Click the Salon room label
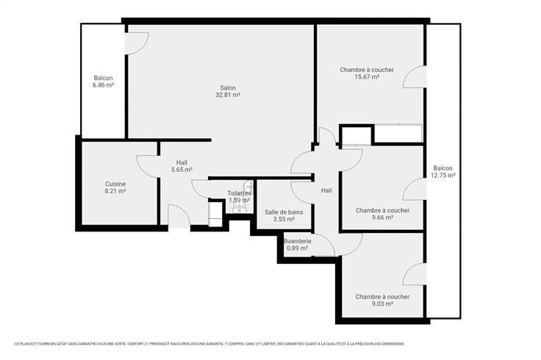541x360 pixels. tap(228, 88)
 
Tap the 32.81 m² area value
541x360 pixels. tap(228, 95)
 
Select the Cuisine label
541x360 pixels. tap(115, 184)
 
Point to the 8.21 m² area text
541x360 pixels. tap(115, 191)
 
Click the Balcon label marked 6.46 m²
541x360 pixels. tap(103, 79)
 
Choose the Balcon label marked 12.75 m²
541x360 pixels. tap(443, 168)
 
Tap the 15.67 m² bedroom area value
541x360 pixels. tap(367, 77)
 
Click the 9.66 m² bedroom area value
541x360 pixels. tap(382, 217)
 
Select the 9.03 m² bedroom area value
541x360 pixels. tap(382, 303)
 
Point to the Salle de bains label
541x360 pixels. tap(284, 212)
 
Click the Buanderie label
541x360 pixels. tap(298, 241)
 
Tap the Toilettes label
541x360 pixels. tap(239, 193)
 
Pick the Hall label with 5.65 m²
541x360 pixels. tap(182, 162)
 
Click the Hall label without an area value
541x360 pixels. tap(326, 190)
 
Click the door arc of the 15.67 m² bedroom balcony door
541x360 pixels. tap(408, 72)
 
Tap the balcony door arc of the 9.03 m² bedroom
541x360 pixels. tap(408, 270)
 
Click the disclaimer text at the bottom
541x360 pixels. tap(209, 344)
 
